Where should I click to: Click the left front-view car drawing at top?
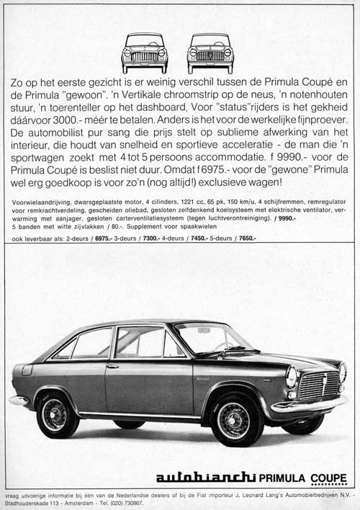(x=145, y=53)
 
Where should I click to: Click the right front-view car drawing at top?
(x=210, y=53)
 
